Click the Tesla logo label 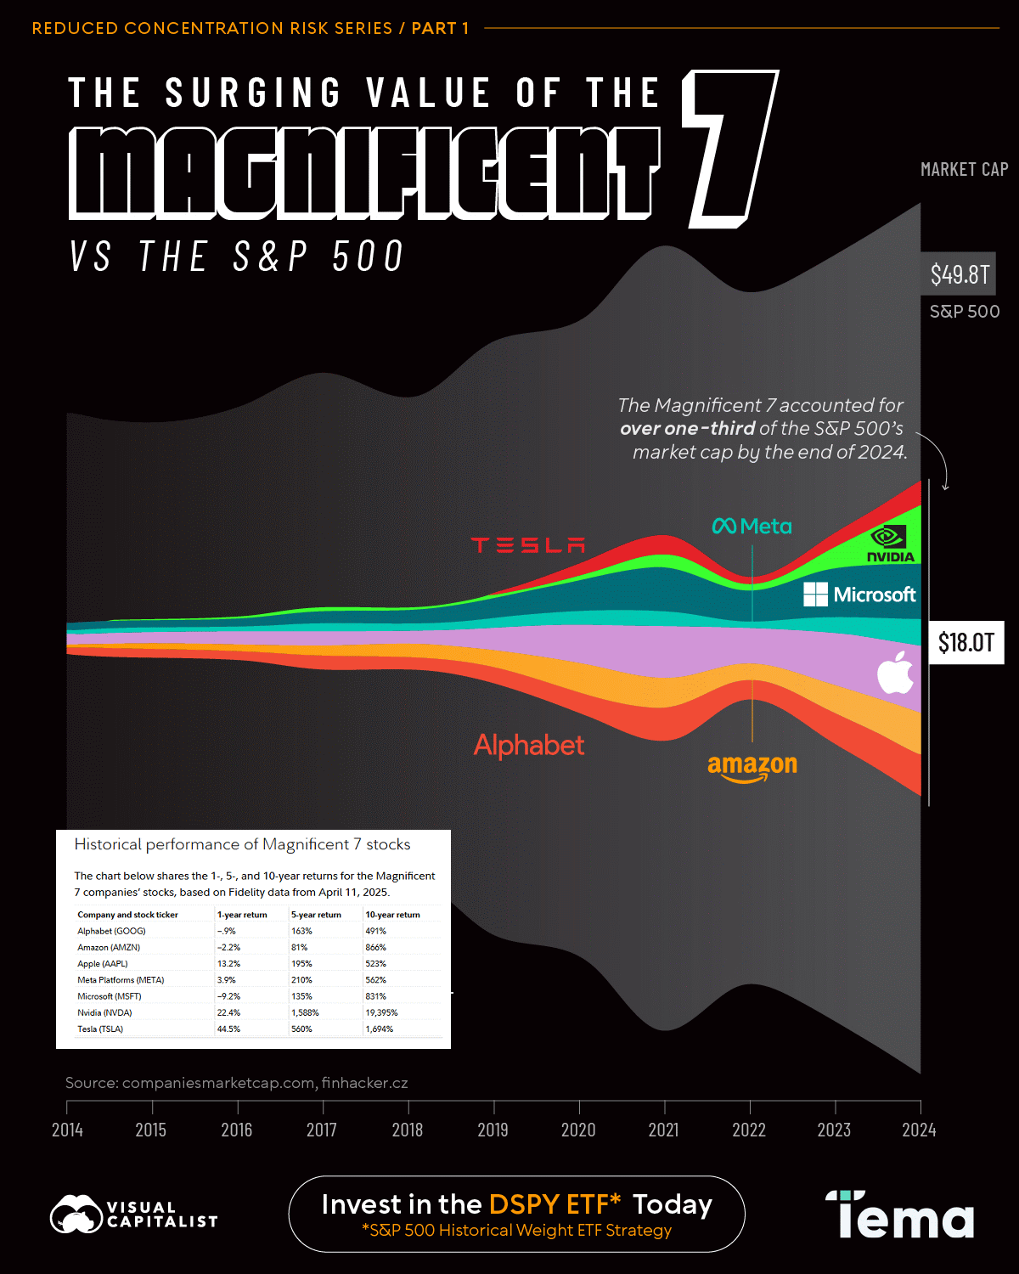point(528,545)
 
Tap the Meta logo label point(752,527)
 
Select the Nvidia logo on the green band point(890,544)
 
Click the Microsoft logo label point(859,595)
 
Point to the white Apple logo point(895,673)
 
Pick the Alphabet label point(529,746)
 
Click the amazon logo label point(752,766)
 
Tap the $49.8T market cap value point(960,274)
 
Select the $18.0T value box point(966,643)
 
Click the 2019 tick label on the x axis point(493,1130)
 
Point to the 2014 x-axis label point(67,1130)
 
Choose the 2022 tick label point(749,1130)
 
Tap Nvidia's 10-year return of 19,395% point(381,1012)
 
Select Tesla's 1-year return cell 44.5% point(228,1029)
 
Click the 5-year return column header point(316,915)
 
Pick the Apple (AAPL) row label point(103,964)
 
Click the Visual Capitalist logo point(134,1215)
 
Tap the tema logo point(900,1215)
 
